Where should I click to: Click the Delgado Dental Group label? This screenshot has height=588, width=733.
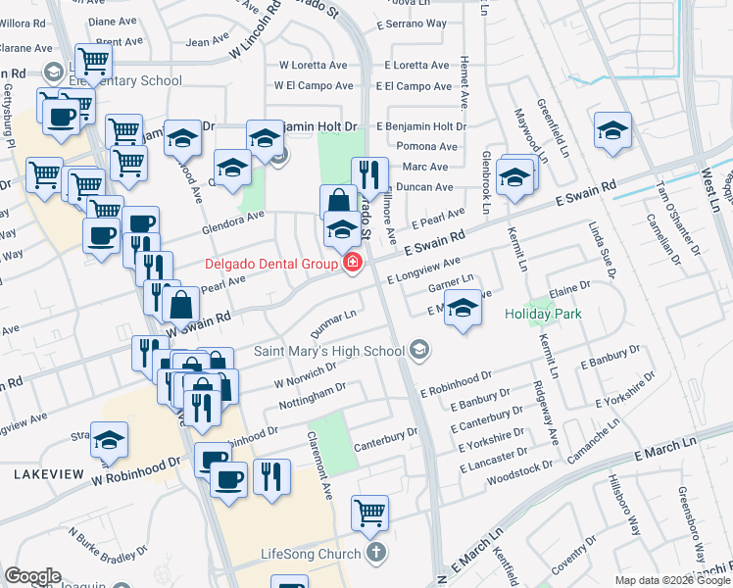click(x=269, y=264)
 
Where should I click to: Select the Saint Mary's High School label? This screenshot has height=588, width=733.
click(x=328, y=351)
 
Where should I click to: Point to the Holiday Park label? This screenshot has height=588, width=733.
click(x=544, y=315)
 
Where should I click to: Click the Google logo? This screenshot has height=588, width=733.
click(x=32, y=576)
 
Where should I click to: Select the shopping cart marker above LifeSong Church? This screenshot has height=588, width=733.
click(x=369, y=511)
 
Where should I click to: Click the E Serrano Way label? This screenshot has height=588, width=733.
click(x=415, y=24)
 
